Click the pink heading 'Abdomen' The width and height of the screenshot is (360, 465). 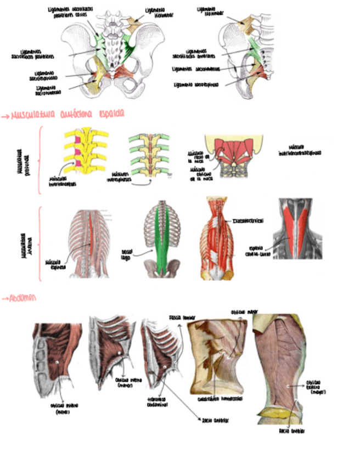[20, 298]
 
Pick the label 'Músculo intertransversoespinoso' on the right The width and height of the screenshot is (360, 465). [304, 149]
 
